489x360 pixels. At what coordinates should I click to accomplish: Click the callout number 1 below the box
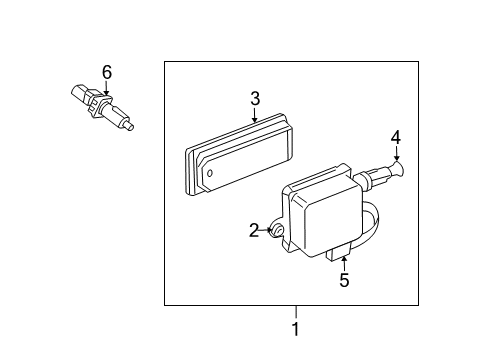(295, 329)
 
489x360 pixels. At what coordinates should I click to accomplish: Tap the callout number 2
(254, 231)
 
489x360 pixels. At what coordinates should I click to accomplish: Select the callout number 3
(255, 98)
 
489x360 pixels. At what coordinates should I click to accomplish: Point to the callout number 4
(395, 137)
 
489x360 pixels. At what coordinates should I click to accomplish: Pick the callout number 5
(344, 281)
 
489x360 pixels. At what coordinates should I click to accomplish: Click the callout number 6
(107, 71)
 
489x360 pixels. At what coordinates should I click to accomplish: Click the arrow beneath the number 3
(255, 115)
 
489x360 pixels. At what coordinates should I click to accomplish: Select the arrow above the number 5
(344, 263)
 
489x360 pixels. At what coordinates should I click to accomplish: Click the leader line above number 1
(295, 311)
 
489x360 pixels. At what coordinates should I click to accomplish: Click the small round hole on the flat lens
(211, 172)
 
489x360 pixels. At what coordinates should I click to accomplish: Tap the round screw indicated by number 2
(279, 232)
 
